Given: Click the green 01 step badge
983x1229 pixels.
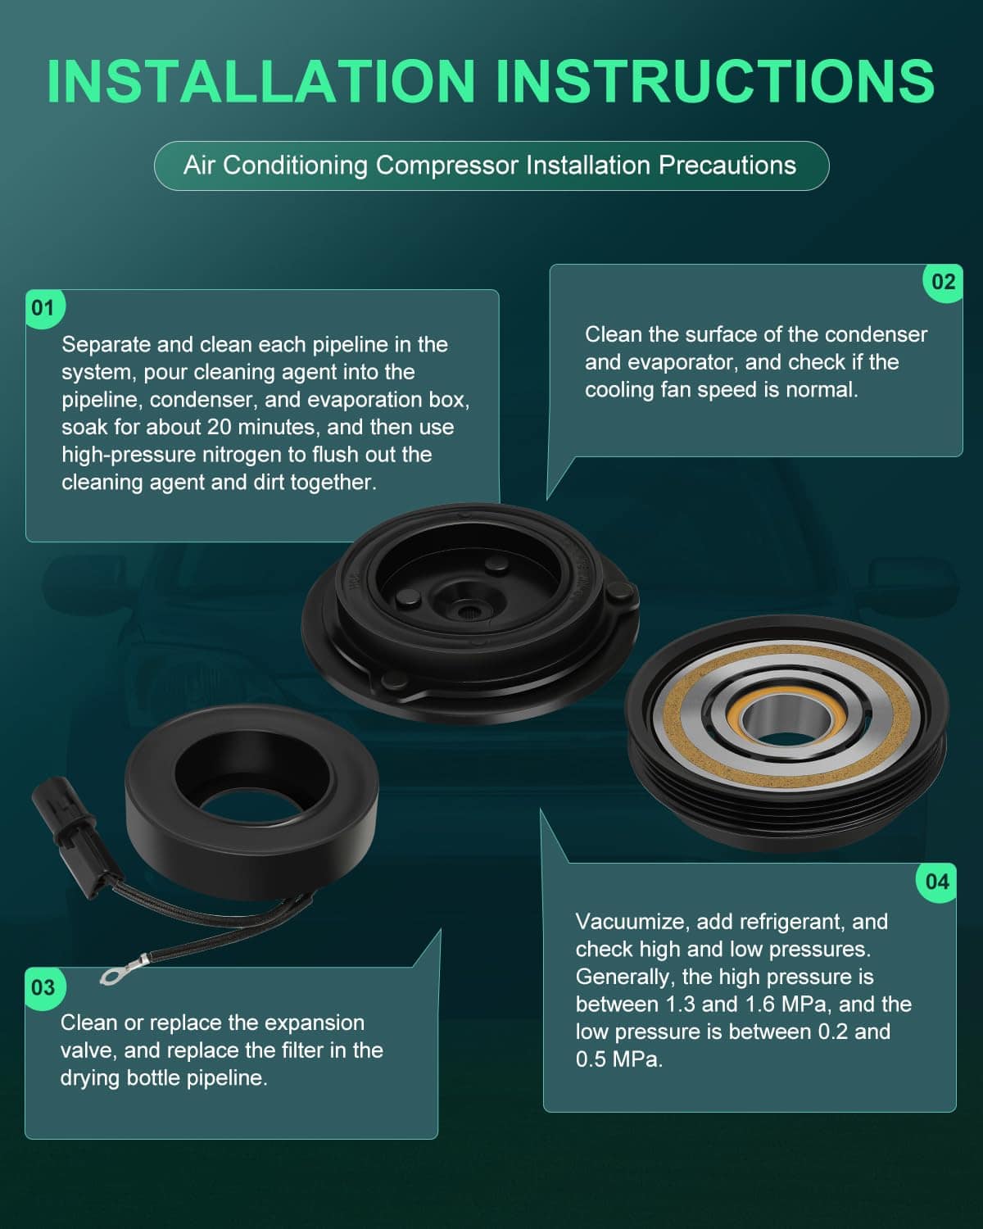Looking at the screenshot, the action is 44,308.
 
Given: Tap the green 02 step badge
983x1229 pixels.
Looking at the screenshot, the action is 943,282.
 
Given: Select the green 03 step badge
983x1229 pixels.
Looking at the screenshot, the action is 44,987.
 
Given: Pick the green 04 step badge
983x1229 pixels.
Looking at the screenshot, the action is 937,882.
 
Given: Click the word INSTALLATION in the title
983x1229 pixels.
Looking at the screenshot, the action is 261,81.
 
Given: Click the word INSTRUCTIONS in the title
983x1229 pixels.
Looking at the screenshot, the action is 716,81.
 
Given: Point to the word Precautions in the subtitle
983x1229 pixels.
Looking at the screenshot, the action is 727,166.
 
